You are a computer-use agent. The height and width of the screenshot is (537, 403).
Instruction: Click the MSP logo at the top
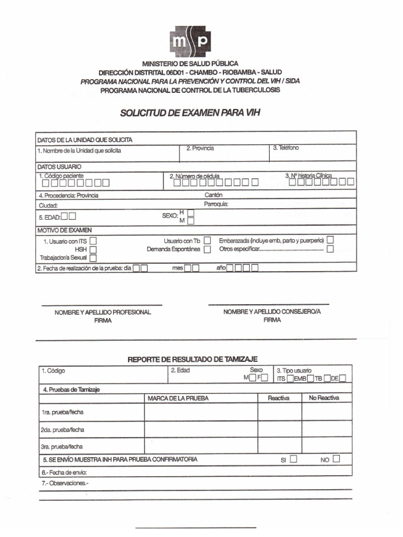coord(190,41)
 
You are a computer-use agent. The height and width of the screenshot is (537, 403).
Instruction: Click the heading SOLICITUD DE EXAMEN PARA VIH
coord(190,113)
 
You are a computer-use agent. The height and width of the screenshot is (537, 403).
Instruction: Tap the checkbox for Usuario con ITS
coord(93,241)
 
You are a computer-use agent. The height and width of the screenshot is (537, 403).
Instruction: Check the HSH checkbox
coord(93,250)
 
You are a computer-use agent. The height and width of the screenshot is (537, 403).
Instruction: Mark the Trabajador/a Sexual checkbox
coord(93,258)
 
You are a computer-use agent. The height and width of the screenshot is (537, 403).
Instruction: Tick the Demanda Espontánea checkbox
coord(207,250)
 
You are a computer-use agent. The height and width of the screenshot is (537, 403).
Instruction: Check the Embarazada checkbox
coord(330,240)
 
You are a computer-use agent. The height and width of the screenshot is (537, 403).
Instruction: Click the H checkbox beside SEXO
coord(190,213)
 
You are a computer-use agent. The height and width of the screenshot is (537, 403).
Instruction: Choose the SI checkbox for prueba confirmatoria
coord(293,459)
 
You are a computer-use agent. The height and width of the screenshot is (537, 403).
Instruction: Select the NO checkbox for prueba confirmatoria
coord(336,459)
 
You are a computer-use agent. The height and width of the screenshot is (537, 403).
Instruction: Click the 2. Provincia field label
coord(200,148)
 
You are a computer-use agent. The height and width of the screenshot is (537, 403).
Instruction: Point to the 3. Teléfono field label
coord(286,148)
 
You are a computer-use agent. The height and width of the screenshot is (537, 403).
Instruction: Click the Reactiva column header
coord(279,398)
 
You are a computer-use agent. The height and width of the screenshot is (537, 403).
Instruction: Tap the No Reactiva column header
coord(324,398)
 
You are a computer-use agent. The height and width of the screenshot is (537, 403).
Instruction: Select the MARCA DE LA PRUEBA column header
coord(178,399)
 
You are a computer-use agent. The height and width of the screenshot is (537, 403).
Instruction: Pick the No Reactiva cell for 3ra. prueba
coord(326,446)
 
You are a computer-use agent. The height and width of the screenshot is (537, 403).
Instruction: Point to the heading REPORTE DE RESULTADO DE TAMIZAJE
coord(193,359)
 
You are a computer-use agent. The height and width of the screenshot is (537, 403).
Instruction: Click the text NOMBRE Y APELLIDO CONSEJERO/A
coord(272,312)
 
